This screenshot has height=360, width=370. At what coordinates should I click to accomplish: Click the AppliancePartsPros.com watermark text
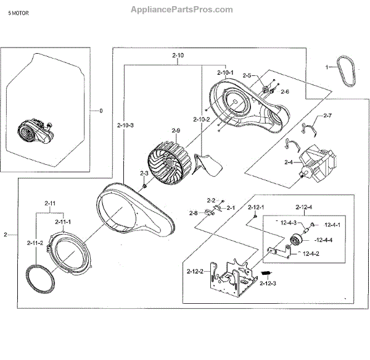pyautogui.click(x=183, y=9)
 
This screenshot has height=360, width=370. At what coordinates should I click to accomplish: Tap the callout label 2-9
pyautogui.click(x=176, y=130)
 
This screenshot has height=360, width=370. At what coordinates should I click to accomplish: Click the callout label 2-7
pyautogui.click(x=327, y=115)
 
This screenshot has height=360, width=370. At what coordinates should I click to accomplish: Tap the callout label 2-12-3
pyautogui.click(x=268, y=283)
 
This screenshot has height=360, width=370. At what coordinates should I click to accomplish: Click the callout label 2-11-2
pyautogui.click(x=35, y=243)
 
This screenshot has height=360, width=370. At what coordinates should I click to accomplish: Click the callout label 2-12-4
pyautogui.click(x=303, y=206)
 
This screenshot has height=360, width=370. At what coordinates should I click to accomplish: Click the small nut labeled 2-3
pyautogui.click(x=144, y=186)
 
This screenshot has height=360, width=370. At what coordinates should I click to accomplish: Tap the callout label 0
pyautogui.click(x=102, y=111)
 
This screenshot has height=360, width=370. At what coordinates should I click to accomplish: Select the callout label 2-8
pyautogui.click(x=194, y=213)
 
